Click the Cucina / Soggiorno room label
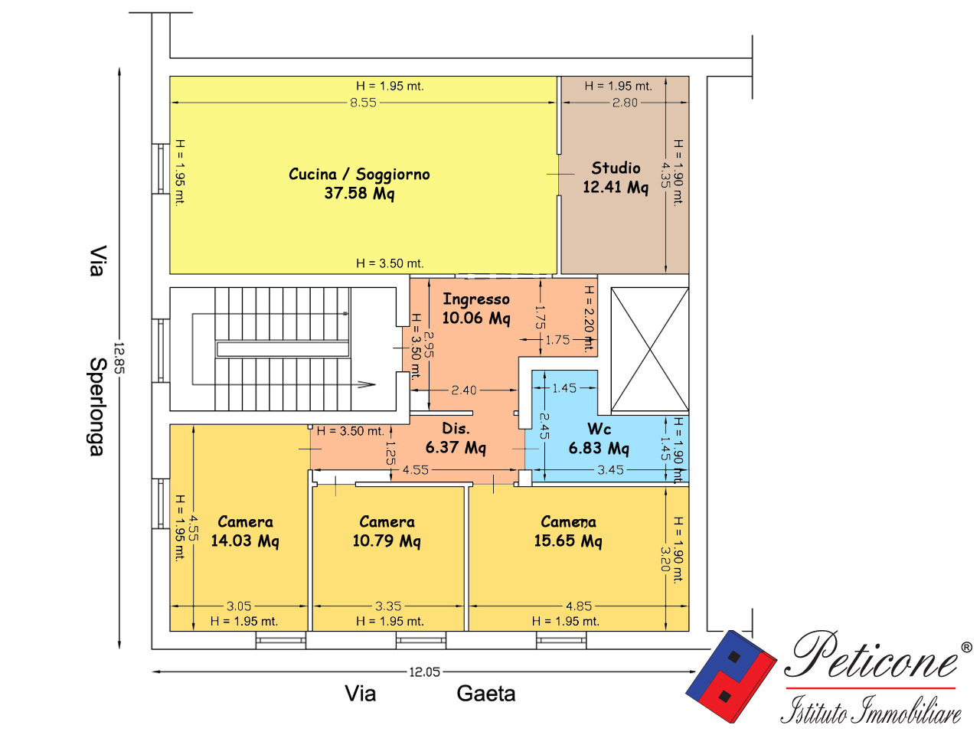tap(359, 184)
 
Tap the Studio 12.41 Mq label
tap(616, 178)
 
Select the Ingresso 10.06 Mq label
tap(476, 309)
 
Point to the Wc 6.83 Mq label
tap(599, 439)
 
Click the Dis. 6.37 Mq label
tap(456, 438)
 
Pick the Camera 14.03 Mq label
tap(245, 531)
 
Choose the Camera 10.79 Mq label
tap(387, 531)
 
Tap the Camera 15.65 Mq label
tap(568, 531)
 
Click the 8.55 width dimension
tap(363, 103)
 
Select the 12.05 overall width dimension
tap(425, 671)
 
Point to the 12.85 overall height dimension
tap(119, 358)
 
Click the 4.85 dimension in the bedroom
tap(579, 606)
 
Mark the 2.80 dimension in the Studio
tap(625, 103)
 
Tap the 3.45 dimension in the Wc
tap(610, 469)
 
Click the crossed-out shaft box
tap(649, 349)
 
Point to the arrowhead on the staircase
tap(367, 384)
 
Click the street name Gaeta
tap(485, 694)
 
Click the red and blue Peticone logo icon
tap(731, 676)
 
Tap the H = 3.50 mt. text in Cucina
tap(390, 263)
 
